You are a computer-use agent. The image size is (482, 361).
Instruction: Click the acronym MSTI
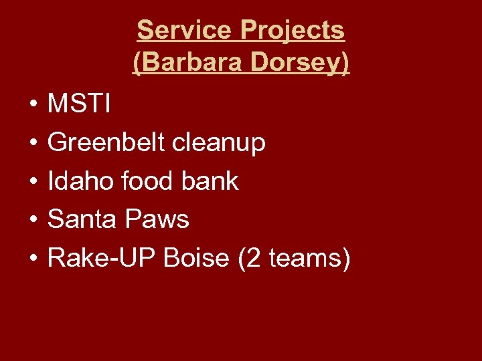(x=80, y=104)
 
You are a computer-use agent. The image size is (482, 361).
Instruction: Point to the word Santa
(x=81, y=219)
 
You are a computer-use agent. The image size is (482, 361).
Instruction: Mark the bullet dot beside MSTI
(x=31, y=105)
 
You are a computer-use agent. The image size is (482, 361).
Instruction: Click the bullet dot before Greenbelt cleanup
(x=31, y=143)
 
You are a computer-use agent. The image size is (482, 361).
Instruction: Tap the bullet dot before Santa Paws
(x=31, y=220)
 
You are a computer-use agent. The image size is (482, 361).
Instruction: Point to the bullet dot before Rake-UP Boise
(x=31, y=259)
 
